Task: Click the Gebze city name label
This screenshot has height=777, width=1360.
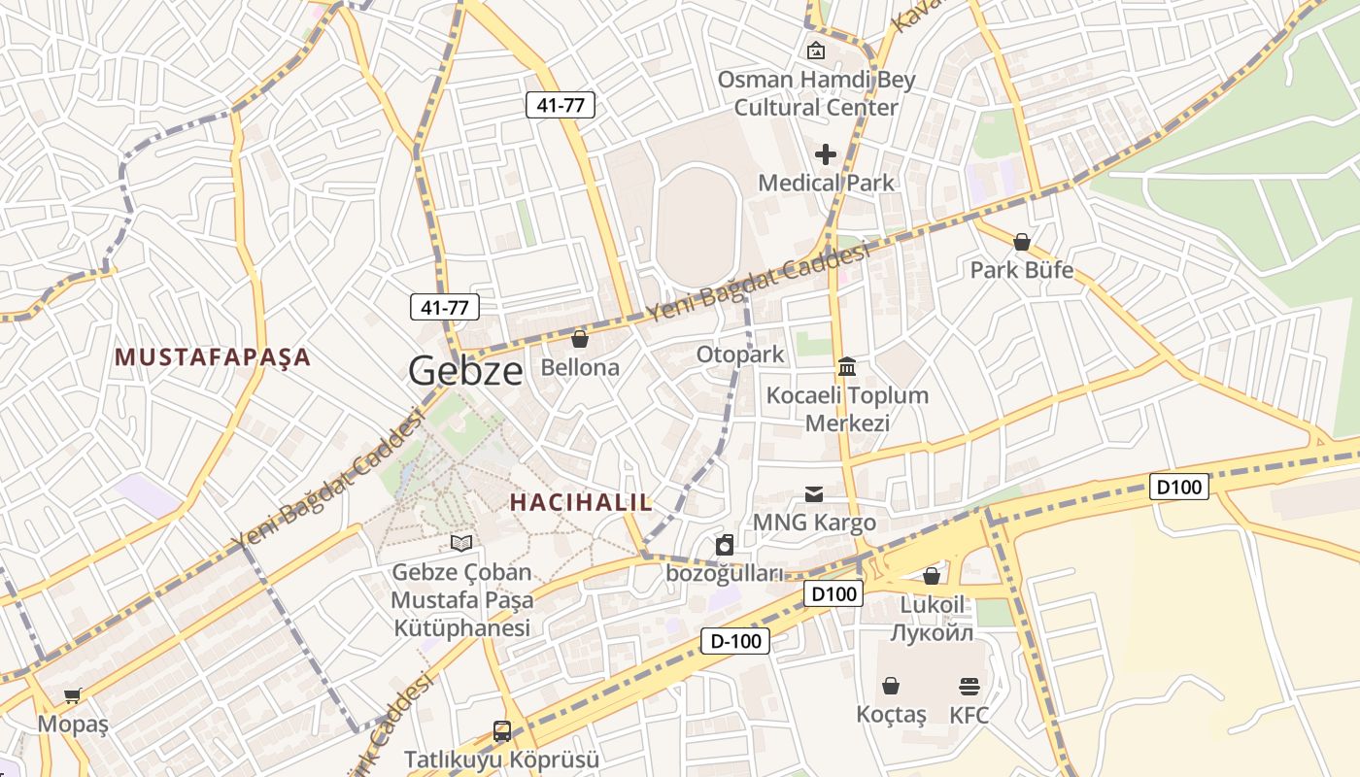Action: coord(465,370)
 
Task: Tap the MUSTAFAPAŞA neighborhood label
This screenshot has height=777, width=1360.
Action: coord(213,357)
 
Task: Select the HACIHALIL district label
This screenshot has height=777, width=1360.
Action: coord(581,502)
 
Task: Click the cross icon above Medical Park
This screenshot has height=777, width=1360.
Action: coord(826,154)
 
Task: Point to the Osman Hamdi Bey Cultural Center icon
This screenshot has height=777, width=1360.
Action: coord(816,51)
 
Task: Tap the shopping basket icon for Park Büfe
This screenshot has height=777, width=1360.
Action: coord(1021,241)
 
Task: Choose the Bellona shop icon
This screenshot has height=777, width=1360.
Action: coord(580,339)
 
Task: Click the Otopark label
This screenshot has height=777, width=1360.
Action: coord(739,355)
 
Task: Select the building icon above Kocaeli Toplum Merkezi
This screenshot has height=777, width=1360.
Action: coord(847,366)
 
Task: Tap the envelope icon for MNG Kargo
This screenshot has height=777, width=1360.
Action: coord(814,494)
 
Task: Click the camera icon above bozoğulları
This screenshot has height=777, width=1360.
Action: coord(724,546)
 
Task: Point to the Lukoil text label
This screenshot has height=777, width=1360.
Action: coord(932,604)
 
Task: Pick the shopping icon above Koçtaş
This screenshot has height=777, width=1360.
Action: coord(891,686)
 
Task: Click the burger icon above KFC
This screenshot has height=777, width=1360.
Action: coord(969,687)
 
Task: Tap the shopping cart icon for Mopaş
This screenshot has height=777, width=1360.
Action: coord(73,695)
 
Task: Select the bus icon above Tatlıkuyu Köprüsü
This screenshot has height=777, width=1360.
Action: coord(501,730)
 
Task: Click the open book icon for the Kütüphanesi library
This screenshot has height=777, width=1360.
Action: coord(462,543)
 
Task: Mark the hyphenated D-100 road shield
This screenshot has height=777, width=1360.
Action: coord(735,640)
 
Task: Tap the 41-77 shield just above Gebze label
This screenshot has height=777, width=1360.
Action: coord(445,308)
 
